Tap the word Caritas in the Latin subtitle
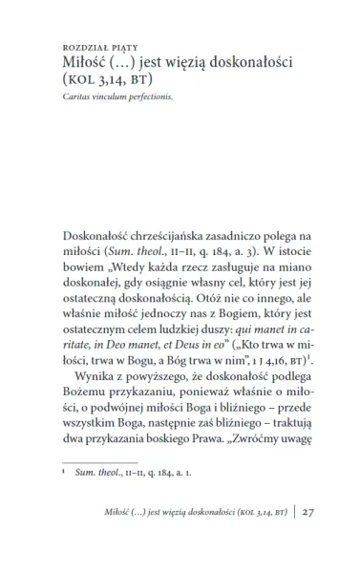[73, 96]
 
